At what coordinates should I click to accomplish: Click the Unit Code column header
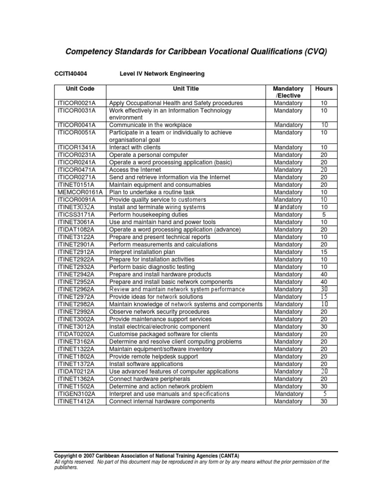80,89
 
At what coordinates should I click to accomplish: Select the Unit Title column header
185,89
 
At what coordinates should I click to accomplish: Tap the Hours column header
324,89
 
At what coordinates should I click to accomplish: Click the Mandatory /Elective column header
288,92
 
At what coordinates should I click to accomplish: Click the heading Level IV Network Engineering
162,74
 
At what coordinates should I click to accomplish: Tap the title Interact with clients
135,147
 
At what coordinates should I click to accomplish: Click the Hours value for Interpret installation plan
324,252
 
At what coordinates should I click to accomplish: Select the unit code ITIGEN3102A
77,394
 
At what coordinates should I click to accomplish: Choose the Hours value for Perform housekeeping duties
324,215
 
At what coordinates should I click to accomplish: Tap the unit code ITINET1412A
77,401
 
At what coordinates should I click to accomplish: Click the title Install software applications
146,364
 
